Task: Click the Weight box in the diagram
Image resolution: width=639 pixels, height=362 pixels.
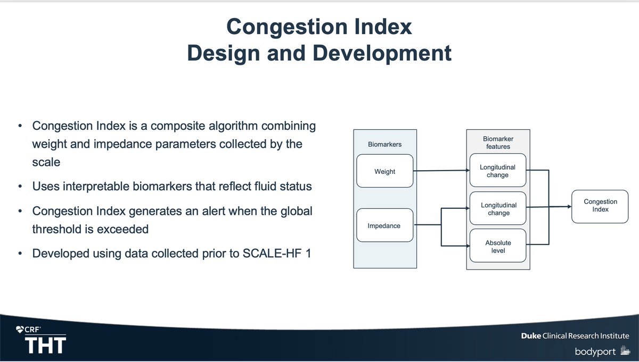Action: tap(384, 171)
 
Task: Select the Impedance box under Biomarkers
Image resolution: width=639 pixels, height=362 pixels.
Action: tap(384, 226)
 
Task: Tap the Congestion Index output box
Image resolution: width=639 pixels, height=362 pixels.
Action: tap(600, 206)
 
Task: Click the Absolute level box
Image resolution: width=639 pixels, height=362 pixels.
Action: tap(497, 247)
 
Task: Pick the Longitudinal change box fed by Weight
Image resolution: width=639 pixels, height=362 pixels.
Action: tap(497, 171)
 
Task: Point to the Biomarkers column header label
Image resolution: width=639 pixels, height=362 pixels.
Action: tap(384, 144)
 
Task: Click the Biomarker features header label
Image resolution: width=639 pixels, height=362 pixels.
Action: tap(498, 142)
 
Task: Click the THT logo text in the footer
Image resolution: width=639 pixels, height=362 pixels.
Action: tap(45, 346)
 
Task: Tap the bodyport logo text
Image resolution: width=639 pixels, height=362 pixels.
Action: tap(595, 352)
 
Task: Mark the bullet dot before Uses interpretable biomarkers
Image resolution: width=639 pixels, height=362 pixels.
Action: tap(20, 187)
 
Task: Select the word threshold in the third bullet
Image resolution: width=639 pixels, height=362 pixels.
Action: tap(58, 229)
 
